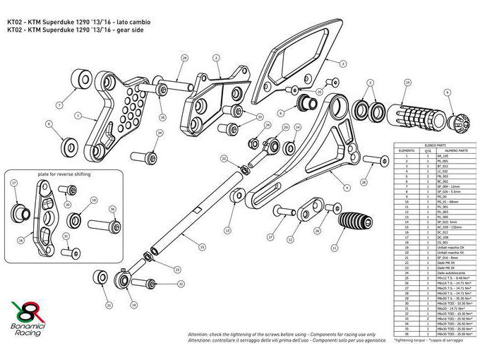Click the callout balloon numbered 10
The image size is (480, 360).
click(407, 83)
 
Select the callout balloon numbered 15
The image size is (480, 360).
click(202, 247)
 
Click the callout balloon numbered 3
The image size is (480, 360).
click(342, 63)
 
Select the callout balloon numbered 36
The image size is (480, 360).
click(112, 209)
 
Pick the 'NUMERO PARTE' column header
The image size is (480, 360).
click(451, 150)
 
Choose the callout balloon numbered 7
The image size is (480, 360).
click(59, 105)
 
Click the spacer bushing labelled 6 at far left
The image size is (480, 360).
click(70, 147)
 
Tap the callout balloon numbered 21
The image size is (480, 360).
click(109, 306)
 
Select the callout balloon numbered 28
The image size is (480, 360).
click(364, 182)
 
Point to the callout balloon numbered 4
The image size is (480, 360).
click(347, 188)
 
